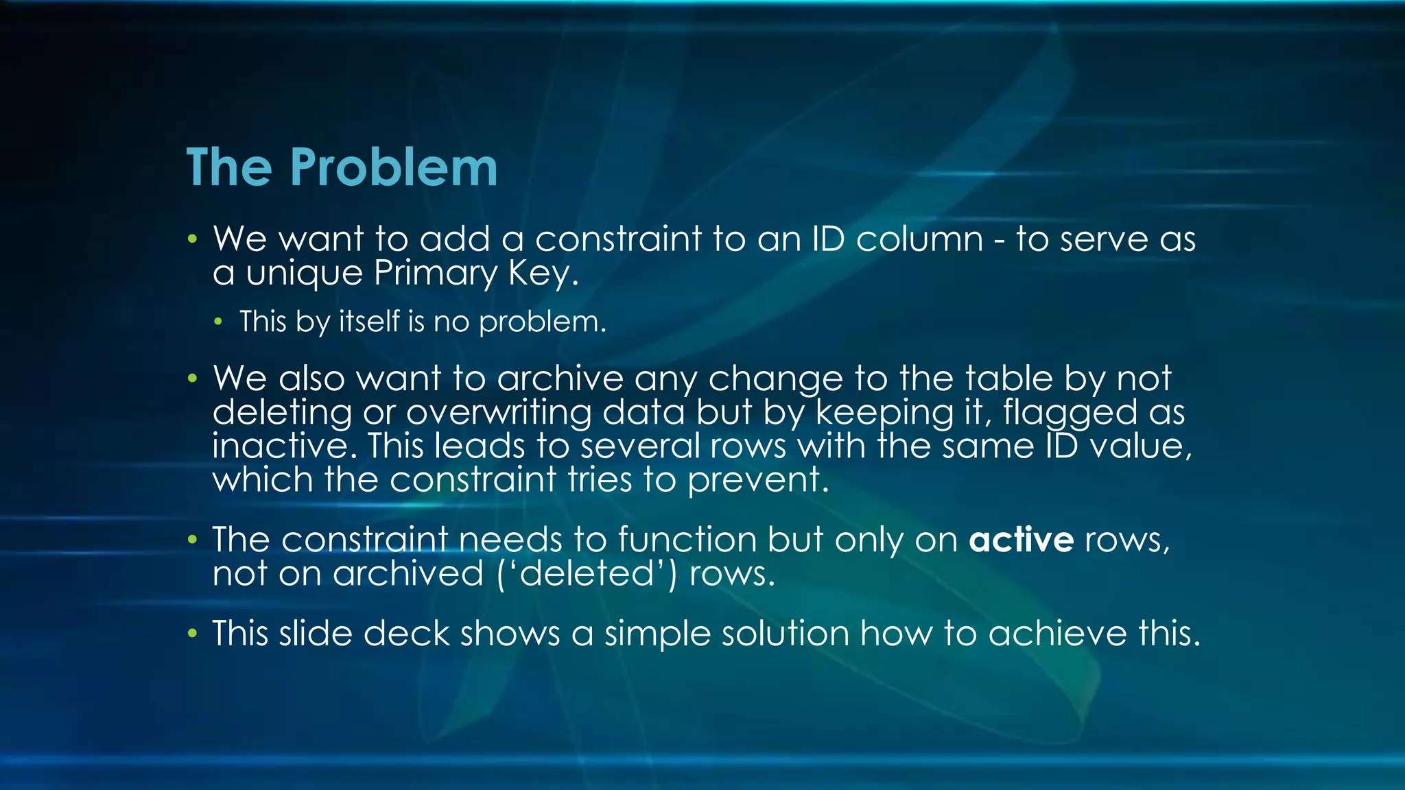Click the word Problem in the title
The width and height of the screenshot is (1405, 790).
pos(393,168)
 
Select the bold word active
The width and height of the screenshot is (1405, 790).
pos(1021,540)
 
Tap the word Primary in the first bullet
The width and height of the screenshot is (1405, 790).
pos(436,273)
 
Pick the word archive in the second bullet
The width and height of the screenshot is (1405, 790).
pos(560,379)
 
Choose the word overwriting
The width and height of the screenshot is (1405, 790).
pos(499,412)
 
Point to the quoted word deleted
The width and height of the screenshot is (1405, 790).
pos(586,573)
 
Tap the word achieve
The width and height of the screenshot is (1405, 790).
pos(1057,633)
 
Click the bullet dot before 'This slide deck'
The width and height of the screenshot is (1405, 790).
pos(193,633)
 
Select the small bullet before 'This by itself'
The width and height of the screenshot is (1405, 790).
pos(218,322)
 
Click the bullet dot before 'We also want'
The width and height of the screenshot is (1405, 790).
pos(193,378)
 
